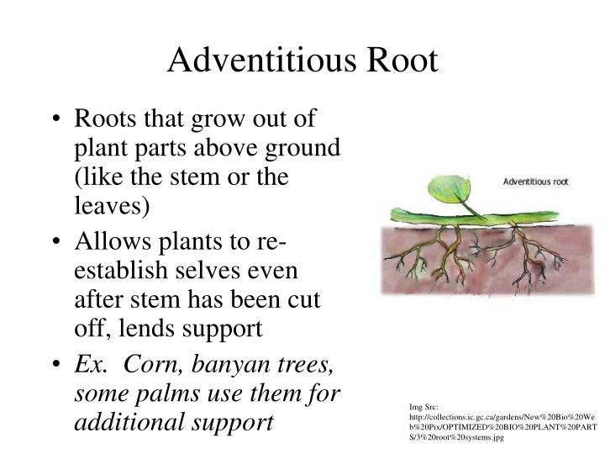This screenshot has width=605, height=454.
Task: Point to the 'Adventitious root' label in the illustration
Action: (540, 181)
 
